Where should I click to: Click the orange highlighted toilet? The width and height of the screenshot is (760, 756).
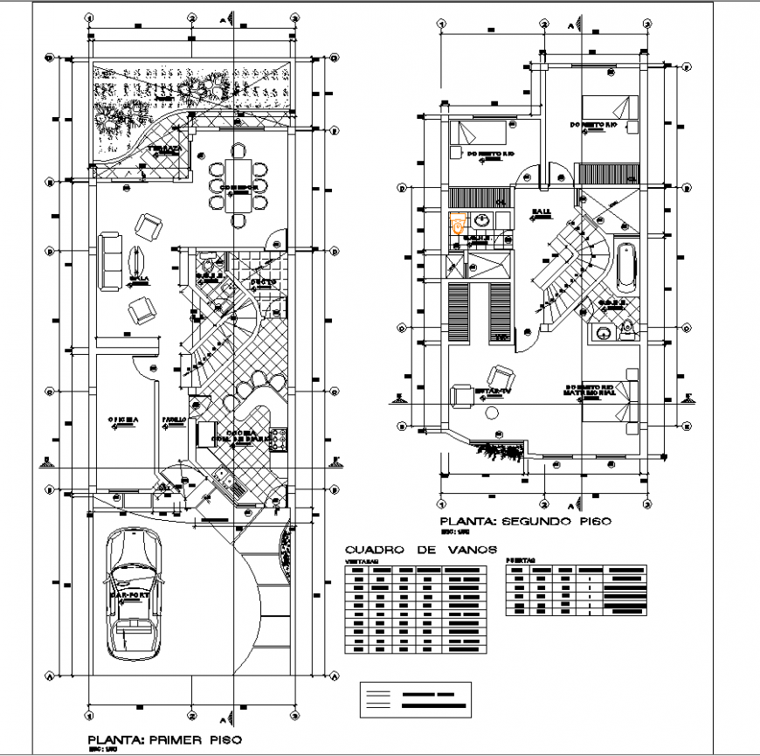point(456,225)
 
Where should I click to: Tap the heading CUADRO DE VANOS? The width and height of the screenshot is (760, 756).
point(421,550)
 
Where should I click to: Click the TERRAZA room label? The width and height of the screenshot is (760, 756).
point(163,149)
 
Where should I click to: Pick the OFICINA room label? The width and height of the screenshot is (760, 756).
point(123,420)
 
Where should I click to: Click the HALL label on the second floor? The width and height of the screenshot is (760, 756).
point(540,212)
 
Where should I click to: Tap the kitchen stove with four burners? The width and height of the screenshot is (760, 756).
point(279,439)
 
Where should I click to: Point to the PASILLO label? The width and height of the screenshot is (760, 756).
point(174,420)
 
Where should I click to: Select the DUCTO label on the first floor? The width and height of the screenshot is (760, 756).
point(263,282)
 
